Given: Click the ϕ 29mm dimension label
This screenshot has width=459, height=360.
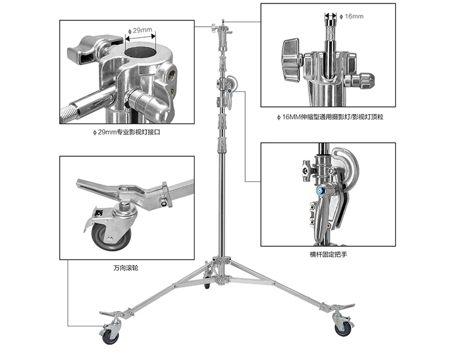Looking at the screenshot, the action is pos(140,30).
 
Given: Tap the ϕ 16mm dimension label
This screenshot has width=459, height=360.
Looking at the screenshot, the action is pos(352,16).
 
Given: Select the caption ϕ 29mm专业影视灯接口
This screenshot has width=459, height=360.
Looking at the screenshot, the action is pos(127,132).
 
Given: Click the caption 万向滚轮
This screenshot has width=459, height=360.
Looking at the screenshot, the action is pos(126,268).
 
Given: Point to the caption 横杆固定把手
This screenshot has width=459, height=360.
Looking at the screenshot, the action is pos(328,254).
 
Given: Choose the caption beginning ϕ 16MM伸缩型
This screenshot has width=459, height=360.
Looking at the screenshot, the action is pos(330,117).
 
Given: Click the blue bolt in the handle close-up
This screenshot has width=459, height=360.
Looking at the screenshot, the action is pos(320,190).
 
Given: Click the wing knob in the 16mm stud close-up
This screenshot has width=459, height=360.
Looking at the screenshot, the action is pos(291,60).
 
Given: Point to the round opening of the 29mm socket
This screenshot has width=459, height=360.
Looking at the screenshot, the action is pos(140,52).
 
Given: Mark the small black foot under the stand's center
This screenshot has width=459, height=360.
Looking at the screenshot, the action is pos(207,287).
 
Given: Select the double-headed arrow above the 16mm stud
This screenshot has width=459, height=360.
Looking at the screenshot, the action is pos(331,16).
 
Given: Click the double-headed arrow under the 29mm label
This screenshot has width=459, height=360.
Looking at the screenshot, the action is pos(140,36).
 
